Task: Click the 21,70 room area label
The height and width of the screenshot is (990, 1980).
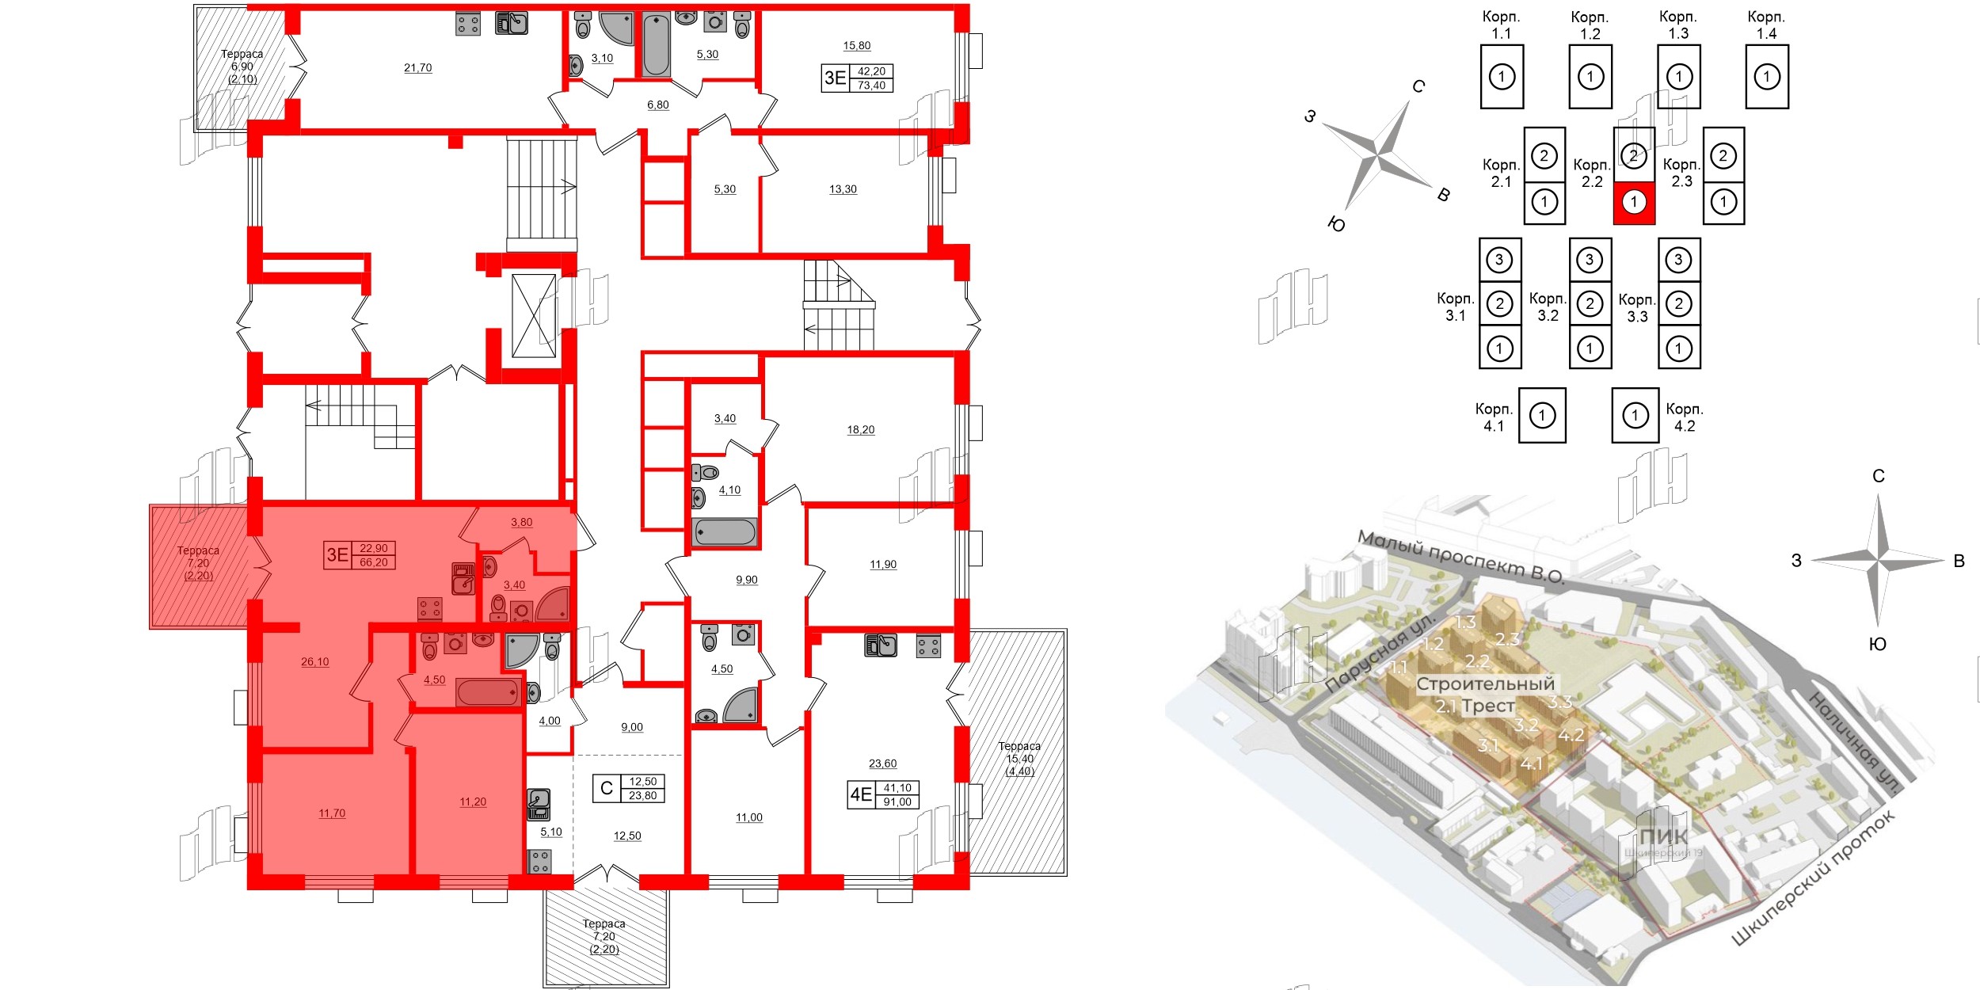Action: click(x=418, y=68)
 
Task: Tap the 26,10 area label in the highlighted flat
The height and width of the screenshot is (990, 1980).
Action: click(x=314, y=662)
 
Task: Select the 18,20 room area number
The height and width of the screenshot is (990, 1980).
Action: click(x=861, y=430)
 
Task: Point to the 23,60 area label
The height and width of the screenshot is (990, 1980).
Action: click(x=882, y=763)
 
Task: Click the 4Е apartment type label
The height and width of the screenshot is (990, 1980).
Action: click(x=861, y=794)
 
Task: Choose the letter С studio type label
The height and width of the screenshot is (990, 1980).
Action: click(x=607, y=788)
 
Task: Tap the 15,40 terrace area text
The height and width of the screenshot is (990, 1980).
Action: click(x=1019, y=759)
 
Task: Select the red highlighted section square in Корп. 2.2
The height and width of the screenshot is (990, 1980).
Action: click(x=1634, y=202)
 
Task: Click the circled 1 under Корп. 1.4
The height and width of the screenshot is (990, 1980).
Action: click(x=1767, y=77)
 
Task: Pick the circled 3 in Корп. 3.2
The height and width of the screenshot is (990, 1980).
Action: click(x=1590, y=260)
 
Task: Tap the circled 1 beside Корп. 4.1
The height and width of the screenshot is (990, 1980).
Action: click(x=1542, y=415)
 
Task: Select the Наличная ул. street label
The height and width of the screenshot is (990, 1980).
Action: click(x=1854, y=741)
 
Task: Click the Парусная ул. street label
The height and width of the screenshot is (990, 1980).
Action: click(x=1381, y=653)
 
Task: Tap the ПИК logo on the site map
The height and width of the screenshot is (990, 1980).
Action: click(x=1663, y=837)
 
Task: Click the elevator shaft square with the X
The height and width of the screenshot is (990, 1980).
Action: click(x=534, y=316)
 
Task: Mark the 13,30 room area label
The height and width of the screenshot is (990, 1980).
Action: click(x=843, y=189)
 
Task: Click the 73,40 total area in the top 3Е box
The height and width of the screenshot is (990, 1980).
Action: click(x=871, y=86)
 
